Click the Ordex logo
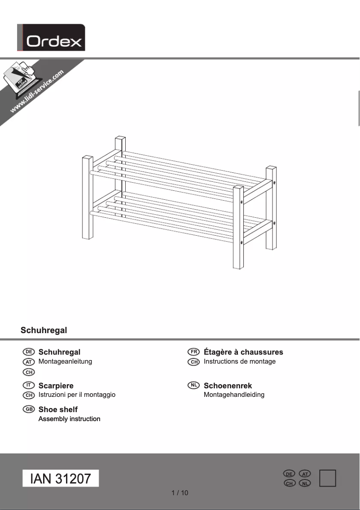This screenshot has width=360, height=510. point(51,38)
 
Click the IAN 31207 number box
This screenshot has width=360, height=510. point(61,479)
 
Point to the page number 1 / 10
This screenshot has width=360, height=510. point(180,493)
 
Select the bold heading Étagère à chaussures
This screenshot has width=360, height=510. point(243,352)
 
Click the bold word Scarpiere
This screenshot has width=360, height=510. point(56,386)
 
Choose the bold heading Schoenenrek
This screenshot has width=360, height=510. point(228,386)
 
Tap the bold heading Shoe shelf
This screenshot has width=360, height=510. point(58,409)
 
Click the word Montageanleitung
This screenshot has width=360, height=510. point(65,361)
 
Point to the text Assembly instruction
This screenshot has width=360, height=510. point(69,419)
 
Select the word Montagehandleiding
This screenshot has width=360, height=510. point(234,395)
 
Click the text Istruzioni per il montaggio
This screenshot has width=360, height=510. point(77,395)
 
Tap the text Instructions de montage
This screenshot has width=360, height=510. point(240,361)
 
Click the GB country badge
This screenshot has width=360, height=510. point(29,409)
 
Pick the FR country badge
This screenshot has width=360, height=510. point(194,352)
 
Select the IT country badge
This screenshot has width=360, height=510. point(29,385)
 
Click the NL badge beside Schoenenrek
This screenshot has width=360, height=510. point(194,385)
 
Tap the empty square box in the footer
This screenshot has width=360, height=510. point(328,478)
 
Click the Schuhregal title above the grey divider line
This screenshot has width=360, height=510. point(44,330)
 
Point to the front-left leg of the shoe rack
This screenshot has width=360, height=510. point(87,198)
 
